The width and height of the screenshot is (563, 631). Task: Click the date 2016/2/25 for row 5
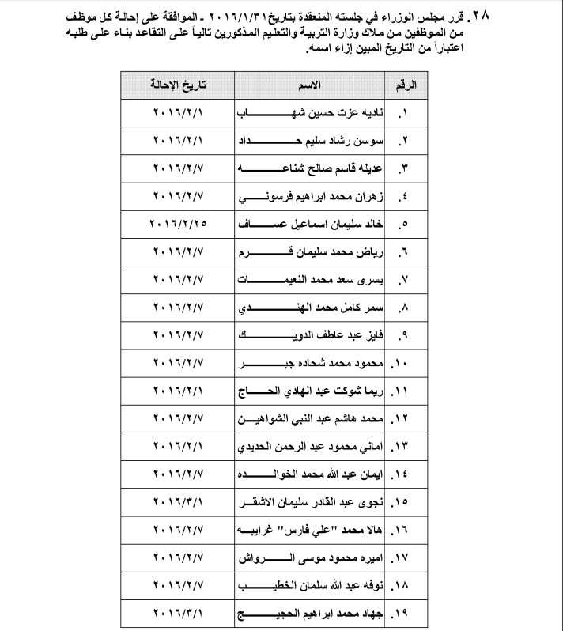click(x=178, y=224)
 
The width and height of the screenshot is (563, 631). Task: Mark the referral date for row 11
click(x=178, y=391)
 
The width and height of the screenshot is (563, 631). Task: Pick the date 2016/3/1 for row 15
click(x=178, y=503)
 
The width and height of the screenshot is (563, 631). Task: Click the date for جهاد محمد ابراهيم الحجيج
click(x=178, y=614)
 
